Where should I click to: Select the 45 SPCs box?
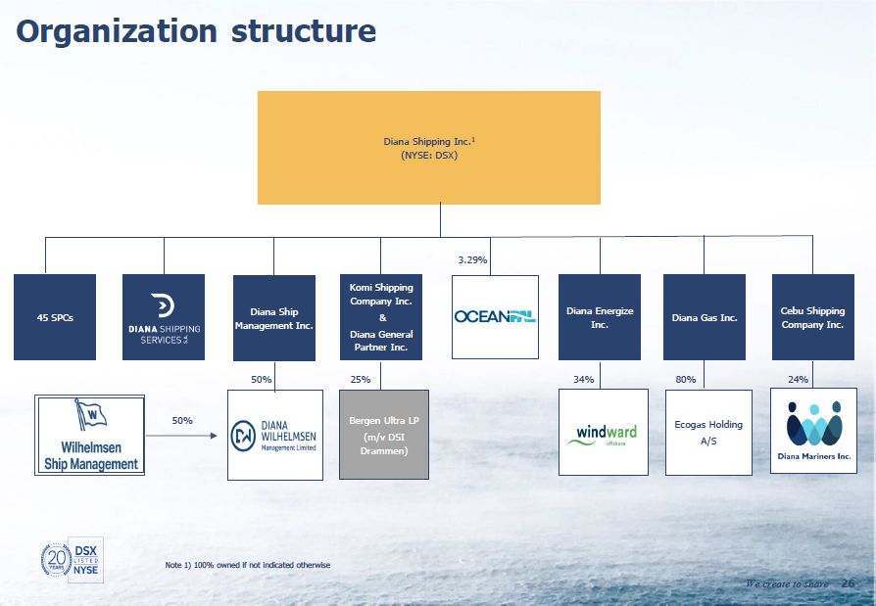click(x=55, y=317)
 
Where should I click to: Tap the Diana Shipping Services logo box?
click(x=164, y=317)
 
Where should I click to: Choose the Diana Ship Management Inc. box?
click(x=274, y=317)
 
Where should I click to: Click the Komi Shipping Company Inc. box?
click(x=381, y=317)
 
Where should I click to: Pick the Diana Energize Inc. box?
click(x=600, y=317)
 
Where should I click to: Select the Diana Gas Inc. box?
click(x=704, y=317)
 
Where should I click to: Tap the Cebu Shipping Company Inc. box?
click(x=812, y=317)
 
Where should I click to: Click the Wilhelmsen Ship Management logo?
click(x=90, y=435)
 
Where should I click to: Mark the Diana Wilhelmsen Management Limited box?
click(x=275, y=435)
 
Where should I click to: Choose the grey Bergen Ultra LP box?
click(x=384, y=435)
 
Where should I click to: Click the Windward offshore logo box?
click(x=603, y=432)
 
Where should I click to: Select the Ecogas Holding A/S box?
click(x=708, y=432)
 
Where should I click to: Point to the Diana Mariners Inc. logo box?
click(x=813, y=431)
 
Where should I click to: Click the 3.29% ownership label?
click(x=472, y=260)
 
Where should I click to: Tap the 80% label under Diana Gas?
click(x=687, y=379)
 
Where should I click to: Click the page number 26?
click(x=848, y=583)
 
